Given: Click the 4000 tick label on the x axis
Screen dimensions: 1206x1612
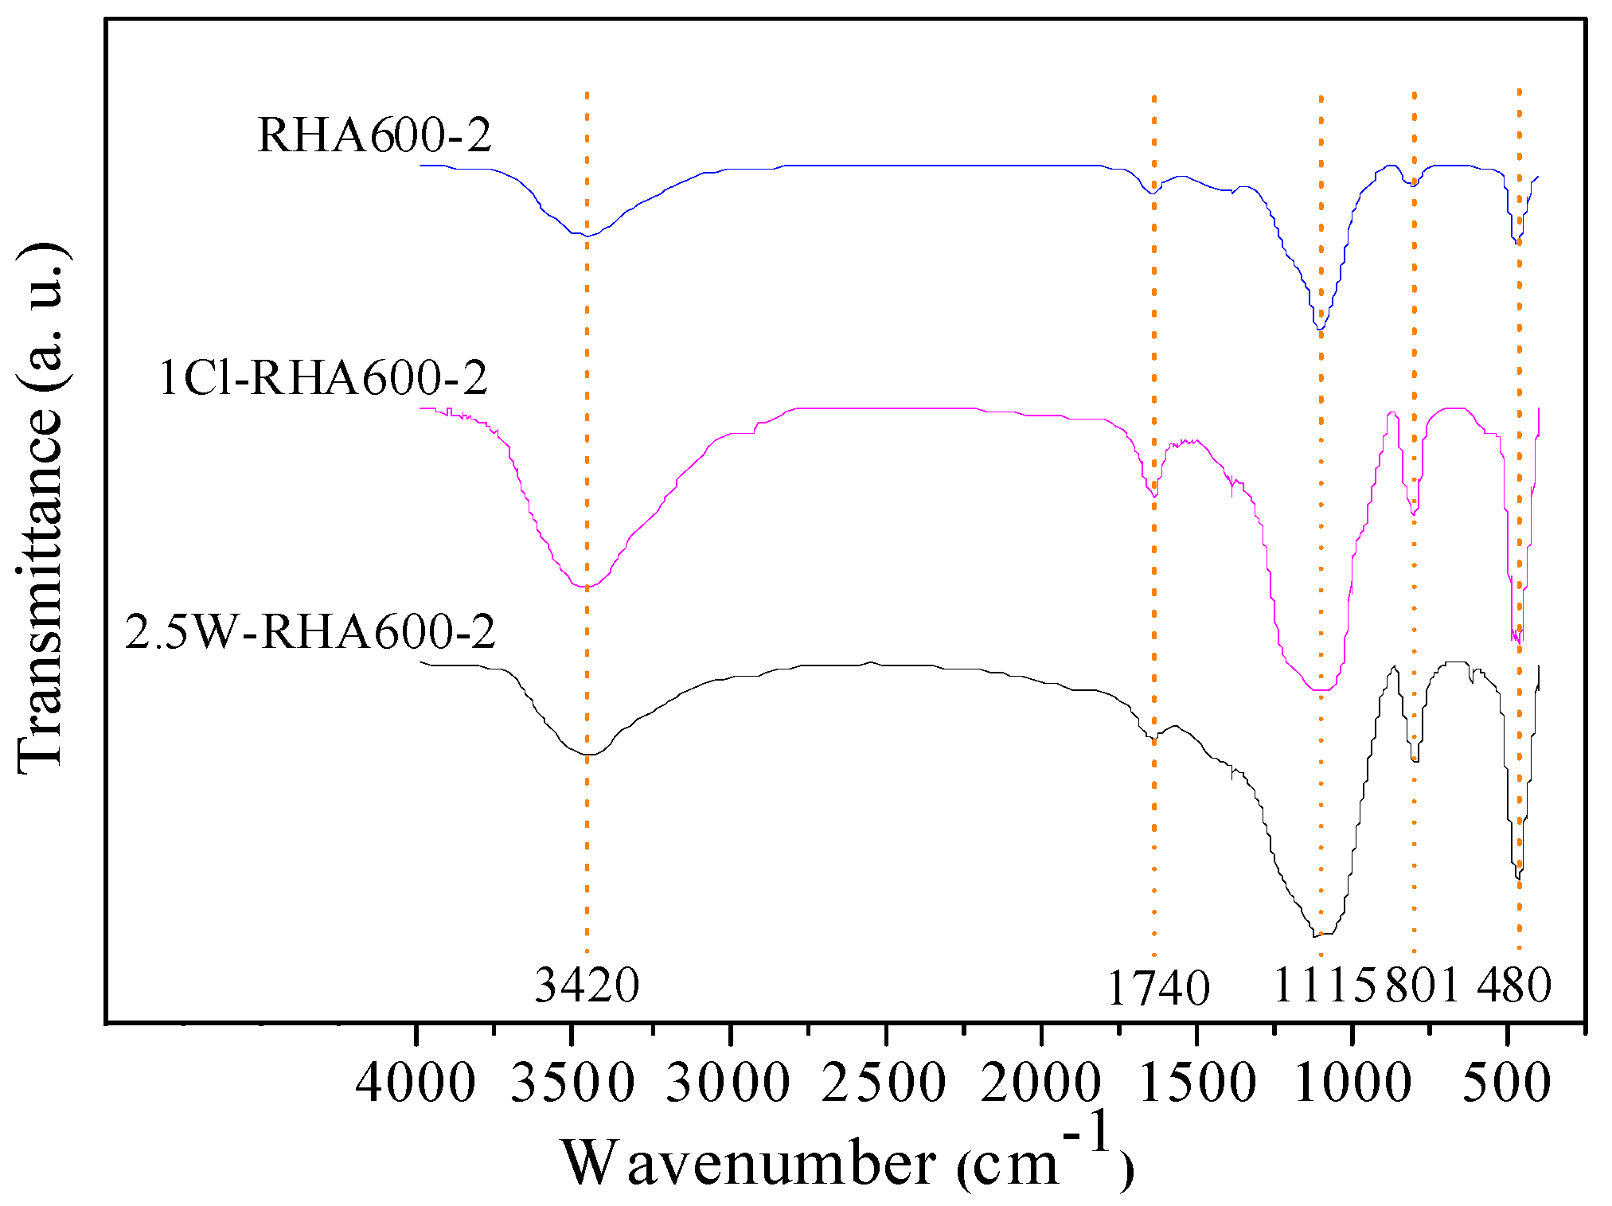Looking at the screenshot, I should point(415,1083).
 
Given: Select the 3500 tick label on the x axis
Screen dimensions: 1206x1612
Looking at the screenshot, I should point(572,1083).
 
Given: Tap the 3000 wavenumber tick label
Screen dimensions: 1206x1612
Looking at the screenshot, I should point(728,1083).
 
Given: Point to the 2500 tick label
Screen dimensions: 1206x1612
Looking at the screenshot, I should point(884,1083).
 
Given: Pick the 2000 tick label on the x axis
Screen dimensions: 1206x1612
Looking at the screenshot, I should point(1040,1083).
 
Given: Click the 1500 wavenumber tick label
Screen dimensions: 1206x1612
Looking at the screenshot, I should point(1196,1083).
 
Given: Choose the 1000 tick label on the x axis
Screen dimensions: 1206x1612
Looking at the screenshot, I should point(1352,1083).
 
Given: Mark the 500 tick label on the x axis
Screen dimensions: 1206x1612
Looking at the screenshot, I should point(1507,1083).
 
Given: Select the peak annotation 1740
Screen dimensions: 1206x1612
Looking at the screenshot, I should point(1158,989).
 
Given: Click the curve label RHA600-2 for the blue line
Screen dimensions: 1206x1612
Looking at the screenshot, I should point(374,135).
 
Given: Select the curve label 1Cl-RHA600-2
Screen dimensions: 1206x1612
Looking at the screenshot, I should point(323,377).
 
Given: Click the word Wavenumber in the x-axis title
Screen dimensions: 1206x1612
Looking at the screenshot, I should point(749,1163).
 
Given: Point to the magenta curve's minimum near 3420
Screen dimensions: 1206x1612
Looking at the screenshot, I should point(586,587).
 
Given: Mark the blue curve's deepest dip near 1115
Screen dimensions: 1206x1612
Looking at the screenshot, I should point(1319,328).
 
